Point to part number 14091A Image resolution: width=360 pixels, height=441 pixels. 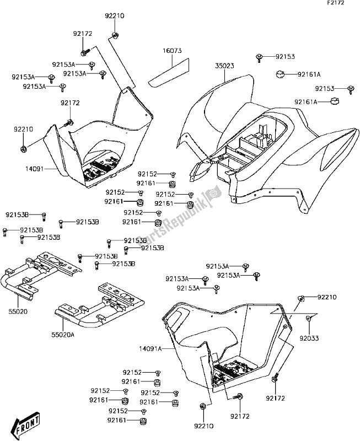[x=150, y=348]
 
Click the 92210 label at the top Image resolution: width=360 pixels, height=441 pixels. [x=114, y=17]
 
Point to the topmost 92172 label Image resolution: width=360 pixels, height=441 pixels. [x=83, y=34]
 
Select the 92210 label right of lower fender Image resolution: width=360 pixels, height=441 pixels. [x=326, y=298]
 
